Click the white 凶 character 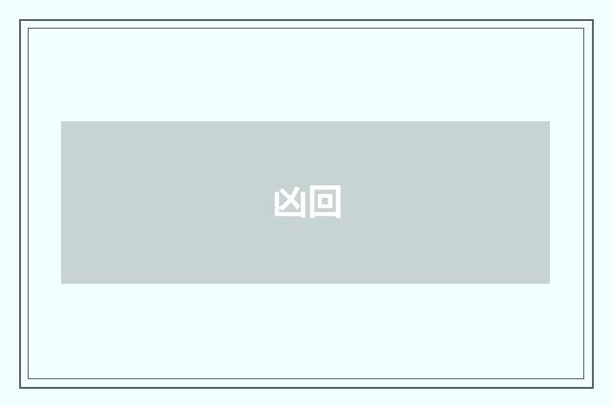[x=289, y=203]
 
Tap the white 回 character [x=325, y=203]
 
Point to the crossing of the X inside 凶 [x=289, y=201]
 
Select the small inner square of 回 [x=325, y=203]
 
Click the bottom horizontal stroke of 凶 [x=289, y=215]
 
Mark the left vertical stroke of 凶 [x=277, y=204]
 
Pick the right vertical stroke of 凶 [x=303, y=204]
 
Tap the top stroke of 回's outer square [x=325, y=190]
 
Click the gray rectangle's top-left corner [x=61, y=121]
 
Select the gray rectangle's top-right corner [x=550, y=121]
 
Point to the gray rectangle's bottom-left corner [x=61, y=284]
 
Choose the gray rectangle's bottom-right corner [x=550, y=284]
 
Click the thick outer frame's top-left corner [x=20, y=20]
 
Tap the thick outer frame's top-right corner [x=592, y=20]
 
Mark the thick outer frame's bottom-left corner [x=20, y=387]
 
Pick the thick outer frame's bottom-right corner [x=592, y=387]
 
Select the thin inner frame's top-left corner [x=28, y=28]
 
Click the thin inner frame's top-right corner [x=584, y=28]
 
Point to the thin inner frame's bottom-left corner [x=28, y=379]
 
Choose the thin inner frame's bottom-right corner [x=584, y=379]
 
